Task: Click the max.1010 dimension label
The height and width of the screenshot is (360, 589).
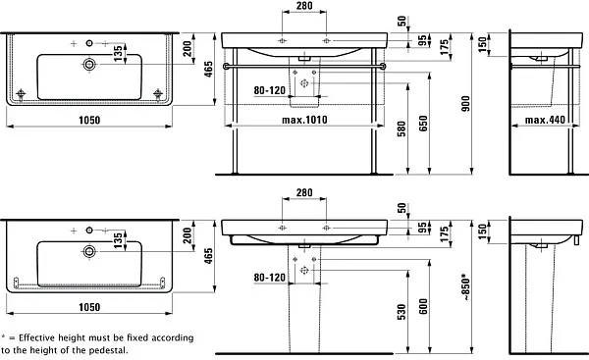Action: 304,120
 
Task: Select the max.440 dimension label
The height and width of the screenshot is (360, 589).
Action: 545,120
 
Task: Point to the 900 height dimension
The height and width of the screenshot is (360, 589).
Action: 465,104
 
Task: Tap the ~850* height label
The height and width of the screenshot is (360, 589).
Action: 465,287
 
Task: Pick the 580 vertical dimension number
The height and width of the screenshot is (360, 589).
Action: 402,129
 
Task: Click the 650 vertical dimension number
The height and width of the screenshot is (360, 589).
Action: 423,124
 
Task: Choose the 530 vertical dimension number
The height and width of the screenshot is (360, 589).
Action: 402,312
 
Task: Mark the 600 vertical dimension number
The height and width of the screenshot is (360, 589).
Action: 423,306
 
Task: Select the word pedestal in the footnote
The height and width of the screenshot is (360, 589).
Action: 108,350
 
